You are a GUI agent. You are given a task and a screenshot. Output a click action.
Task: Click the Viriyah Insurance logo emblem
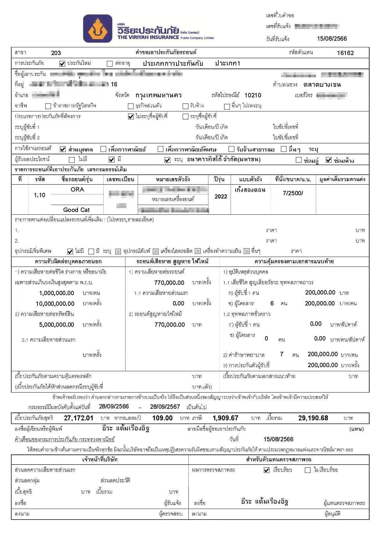click(x=98, y=28)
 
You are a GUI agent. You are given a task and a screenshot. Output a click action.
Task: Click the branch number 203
click(x=56, y=53)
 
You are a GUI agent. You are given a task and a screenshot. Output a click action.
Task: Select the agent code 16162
click(x=345, y=53)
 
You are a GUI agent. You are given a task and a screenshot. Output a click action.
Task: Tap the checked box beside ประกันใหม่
click(x=62, y=64)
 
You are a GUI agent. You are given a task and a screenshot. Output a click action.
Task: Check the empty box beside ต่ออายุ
click(x=110, y=64)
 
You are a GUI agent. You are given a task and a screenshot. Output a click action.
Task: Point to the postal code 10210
click(x=253, y=95)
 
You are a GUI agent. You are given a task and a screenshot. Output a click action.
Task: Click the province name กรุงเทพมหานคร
click(x=159, y=95)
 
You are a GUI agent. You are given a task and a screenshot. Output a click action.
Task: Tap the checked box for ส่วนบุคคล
click(x=63, y=149)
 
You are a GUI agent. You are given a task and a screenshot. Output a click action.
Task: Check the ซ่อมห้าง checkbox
click(x=329, y=160)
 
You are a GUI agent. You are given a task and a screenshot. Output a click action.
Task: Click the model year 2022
click(x=221, y=196)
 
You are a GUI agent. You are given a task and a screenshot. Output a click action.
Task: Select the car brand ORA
click(x=77, y=189)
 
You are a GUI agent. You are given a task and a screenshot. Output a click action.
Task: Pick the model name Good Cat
click(x=76, y=210)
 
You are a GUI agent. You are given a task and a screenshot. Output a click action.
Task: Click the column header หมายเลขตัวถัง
click(x=173, y=179)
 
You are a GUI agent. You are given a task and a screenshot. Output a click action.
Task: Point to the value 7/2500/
click(x=293, y=193)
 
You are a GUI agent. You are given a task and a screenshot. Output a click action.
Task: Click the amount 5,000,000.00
click(x=57, y=325)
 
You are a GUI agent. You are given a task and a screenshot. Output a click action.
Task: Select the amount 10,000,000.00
click(x=55, y=304)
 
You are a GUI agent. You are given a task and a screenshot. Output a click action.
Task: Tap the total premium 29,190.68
click(x=313, y=418)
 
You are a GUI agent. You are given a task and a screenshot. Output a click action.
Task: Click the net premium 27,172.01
click(x=79, y=418)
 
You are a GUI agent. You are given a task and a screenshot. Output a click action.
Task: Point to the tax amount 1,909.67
click(x=225, y=418)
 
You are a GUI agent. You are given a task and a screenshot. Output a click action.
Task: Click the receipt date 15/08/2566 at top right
click(x=332, y=38)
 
